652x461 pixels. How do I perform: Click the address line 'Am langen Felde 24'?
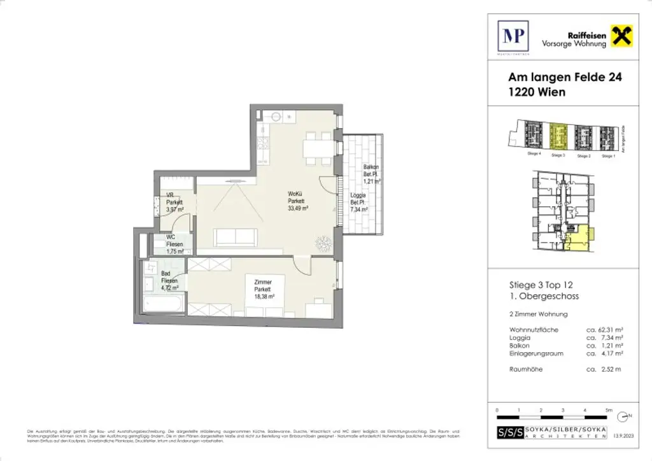[564, 78]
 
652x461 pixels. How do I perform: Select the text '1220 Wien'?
[536, 92]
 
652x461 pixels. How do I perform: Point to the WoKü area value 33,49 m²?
[297, 208]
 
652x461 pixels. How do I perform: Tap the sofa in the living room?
[236, 238]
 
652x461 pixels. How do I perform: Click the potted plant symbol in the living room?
[323, 243]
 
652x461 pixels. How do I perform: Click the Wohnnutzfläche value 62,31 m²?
[604, 330]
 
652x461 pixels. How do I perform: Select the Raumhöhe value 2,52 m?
[602, 369]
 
